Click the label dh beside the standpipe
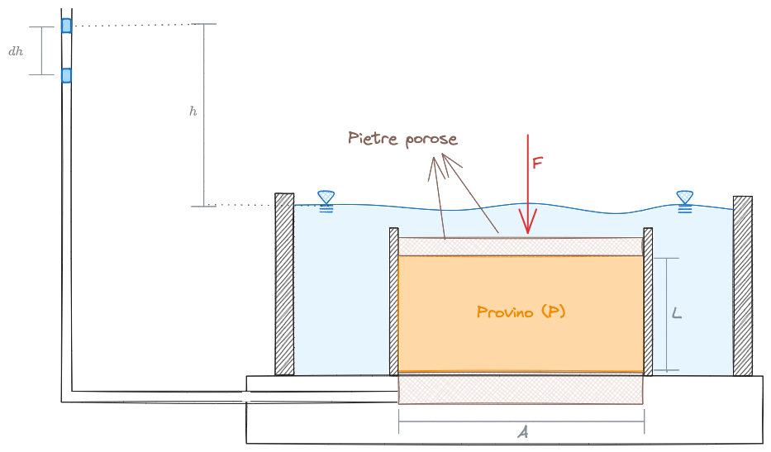(x=16, y=51)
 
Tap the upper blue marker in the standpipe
(x=66, y=26)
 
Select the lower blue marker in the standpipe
(x=66, y=75)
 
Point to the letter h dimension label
(x=193, y=111)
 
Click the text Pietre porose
(x=402, y=138)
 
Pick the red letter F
(x=537, y=163)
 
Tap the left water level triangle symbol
(x=326, y=197)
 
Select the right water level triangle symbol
(x=685, y=197)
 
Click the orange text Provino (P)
(x=521, y=312)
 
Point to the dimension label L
(x=677, y=313)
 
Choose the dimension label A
(x=522, y=432)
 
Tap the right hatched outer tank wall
(x=742, y=285)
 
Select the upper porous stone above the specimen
(x=521, y=246)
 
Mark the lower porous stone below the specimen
(x=521, y=388)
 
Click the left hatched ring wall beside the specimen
(x=394, y=302)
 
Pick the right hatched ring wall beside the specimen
(x=648, y=302)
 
